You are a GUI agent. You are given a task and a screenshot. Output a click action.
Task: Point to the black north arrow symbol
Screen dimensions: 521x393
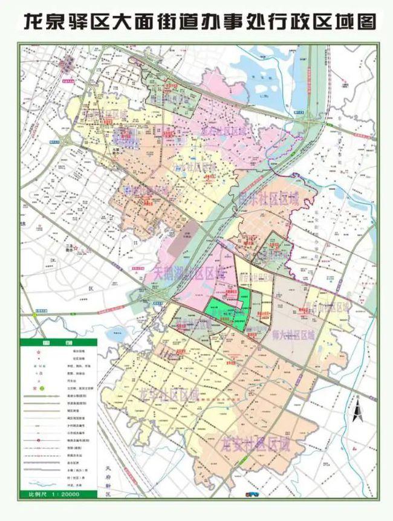pos(357,412)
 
